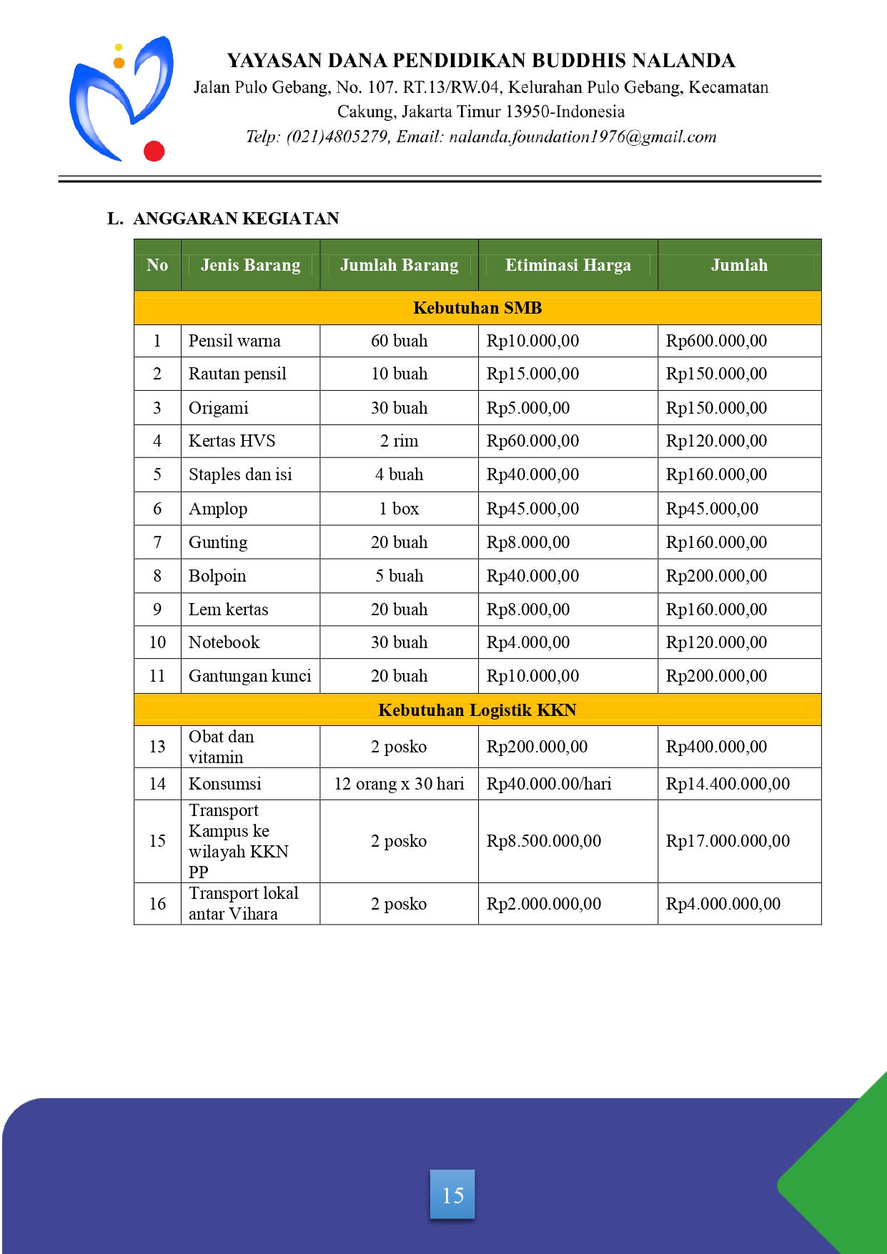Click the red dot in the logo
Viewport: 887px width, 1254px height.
click(154, 151)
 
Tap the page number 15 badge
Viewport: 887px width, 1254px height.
click(452, 1194)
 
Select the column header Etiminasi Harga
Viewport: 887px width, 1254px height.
click(568, 265)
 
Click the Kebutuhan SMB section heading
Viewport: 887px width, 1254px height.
click(477, 308)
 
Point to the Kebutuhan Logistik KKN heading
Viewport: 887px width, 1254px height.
click(477, 710)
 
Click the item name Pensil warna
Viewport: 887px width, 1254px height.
click(234, 341)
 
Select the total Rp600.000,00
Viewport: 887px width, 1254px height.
click(716, 341)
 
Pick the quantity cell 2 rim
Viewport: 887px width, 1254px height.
click(399, 441)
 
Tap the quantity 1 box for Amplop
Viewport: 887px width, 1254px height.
click(399, 509)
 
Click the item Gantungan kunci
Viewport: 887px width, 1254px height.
click(249, 676)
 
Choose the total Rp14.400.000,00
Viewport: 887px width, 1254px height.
click(728, 784)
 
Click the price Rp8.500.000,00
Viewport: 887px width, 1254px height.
click(543, 841)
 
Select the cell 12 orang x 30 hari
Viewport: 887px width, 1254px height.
click(399, 784)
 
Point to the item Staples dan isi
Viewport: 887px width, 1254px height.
click(240, 474)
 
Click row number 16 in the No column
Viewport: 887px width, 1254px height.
click(157, 904)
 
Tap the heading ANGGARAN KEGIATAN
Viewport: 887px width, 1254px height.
click(236, 219)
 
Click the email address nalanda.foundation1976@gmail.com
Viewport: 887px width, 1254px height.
click(583, 136)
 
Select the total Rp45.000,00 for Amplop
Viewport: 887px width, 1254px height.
click(712, 509)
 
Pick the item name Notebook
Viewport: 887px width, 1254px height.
click(224, 642)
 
